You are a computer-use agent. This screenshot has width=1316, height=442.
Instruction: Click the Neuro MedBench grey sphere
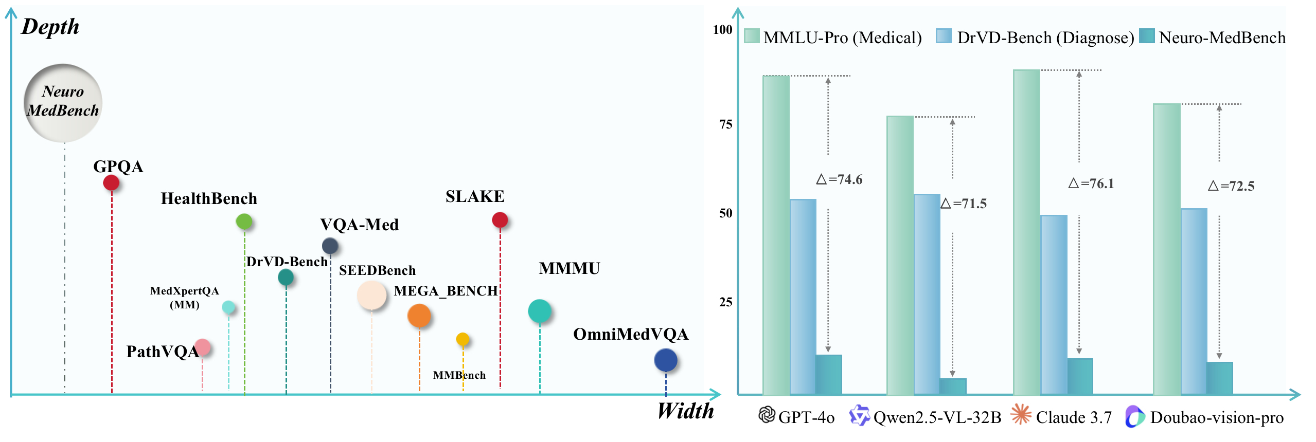[63, 102]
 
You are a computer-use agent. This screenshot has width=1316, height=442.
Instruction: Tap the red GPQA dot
[111, 182]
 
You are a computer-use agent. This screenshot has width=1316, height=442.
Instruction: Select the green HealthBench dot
[244, 222]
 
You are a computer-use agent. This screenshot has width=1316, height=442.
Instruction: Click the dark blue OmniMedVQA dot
[665, 360]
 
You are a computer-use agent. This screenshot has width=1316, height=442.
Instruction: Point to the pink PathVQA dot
[202, 347]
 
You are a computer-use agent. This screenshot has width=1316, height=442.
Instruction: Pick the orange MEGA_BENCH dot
[419, 315]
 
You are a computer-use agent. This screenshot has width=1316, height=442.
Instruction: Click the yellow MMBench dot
[463, 339]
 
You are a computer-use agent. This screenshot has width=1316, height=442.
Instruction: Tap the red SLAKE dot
[500, 220]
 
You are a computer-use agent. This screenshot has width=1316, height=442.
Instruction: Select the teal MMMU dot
[539, 311]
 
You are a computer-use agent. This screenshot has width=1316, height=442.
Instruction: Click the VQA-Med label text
[359, 225]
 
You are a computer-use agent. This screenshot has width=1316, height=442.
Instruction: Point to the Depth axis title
[50, 27]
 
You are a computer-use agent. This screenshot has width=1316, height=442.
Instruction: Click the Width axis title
[685, 411]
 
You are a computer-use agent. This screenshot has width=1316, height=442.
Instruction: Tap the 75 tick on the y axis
[725, 124]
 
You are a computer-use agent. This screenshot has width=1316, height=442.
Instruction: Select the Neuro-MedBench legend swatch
[1147, 36]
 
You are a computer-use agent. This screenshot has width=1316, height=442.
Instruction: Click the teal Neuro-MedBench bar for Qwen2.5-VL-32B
[953, 386]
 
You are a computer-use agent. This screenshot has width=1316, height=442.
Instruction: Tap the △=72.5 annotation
[1231, 186]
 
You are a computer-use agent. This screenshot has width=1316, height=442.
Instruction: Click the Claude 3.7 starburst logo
[1021, 415]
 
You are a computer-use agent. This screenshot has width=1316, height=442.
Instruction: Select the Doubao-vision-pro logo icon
[1134, 416]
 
